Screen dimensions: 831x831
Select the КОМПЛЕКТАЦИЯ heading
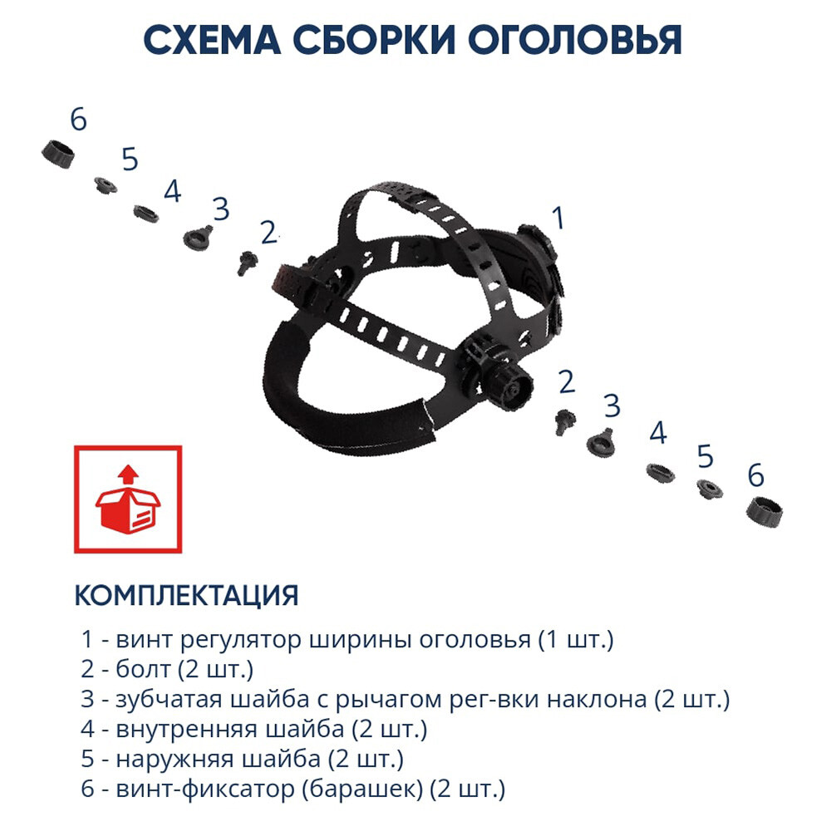pos(186,595)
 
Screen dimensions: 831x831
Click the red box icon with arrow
pos(127,499)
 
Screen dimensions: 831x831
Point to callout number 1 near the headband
pos(558,219)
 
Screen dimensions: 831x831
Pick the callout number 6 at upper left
pos(78,120)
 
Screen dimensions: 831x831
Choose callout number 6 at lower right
pos(755,475)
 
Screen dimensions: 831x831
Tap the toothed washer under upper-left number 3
pos(198,238)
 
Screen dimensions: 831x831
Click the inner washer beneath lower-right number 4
pos(661,470)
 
